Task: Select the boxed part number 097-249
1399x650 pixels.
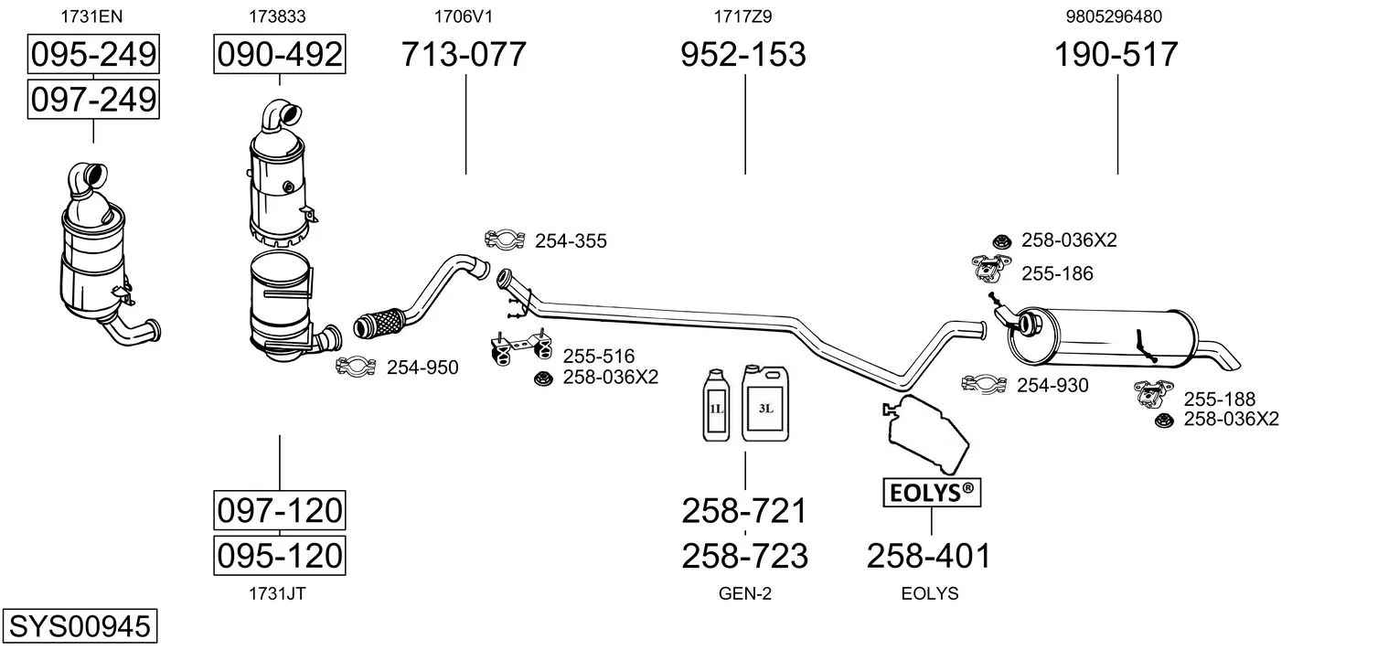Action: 93,98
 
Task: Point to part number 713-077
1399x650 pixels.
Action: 464,54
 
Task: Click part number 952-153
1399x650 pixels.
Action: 743,54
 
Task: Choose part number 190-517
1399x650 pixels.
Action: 1116,54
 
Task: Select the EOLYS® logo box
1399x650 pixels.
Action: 931,494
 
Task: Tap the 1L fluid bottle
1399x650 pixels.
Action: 716,405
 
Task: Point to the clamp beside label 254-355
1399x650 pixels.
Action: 504,240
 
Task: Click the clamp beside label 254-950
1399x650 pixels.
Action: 357,367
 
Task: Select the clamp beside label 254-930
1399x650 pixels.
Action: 984,384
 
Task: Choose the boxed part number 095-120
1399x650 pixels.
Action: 279,555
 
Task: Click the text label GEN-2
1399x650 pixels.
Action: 745,593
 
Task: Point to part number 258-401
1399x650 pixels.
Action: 928,555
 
